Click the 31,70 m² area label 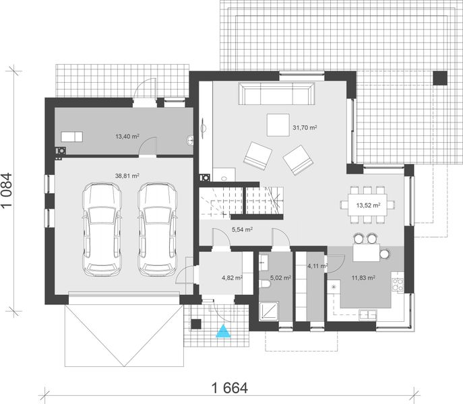pos(305,127)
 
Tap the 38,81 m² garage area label pos(127,176)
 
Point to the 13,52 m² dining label pos(368,205)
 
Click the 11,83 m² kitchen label pos(363,277)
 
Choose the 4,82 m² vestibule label pos(231,277)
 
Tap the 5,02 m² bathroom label pos(279,277)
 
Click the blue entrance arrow pos(222,330)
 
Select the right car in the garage pos(156,229)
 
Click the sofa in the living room pos(277,95)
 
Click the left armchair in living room pos(256,156)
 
